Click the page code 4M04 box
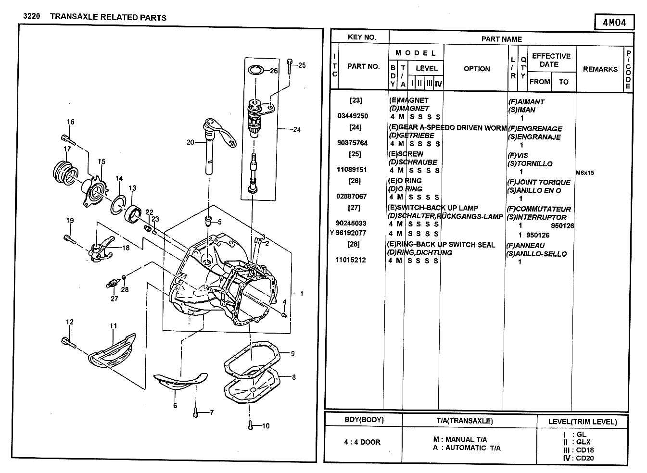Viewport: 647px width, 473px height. coord(614,22)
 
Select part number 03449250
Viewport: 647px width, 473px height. coord(353,116)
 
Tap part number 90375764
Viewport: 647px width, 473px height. coord(353,143)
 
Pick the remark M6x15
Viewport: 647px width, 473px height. coord(584,173)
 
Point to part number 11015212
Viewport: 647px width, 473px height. coord(351,260)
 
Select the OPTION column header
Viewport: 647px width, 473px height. coord(477,69)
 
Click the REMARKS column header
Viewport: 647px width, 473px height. coord(600,69)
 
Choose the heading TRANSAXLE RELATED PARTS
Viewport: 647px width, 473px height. coord(108,17)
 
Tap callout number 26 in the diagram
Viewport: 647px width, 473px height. coord(274,71)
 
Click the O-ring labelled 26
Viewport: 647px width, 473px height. coord(256,71)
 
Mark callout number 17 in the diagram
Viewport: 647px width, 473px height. coord(67,149)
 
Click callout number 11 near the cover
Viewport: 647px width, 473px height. coord(114,326)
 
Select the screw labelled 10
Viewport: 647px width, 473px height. coord(250,425)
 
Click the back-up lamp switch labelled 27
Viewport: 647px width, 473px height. coord(112,284)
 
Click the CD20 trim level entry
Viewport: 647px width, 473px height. coord(585,458)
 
